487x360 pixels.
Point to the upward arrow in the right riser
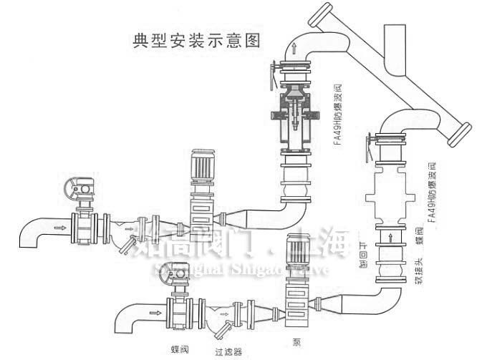click(389, 234)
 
